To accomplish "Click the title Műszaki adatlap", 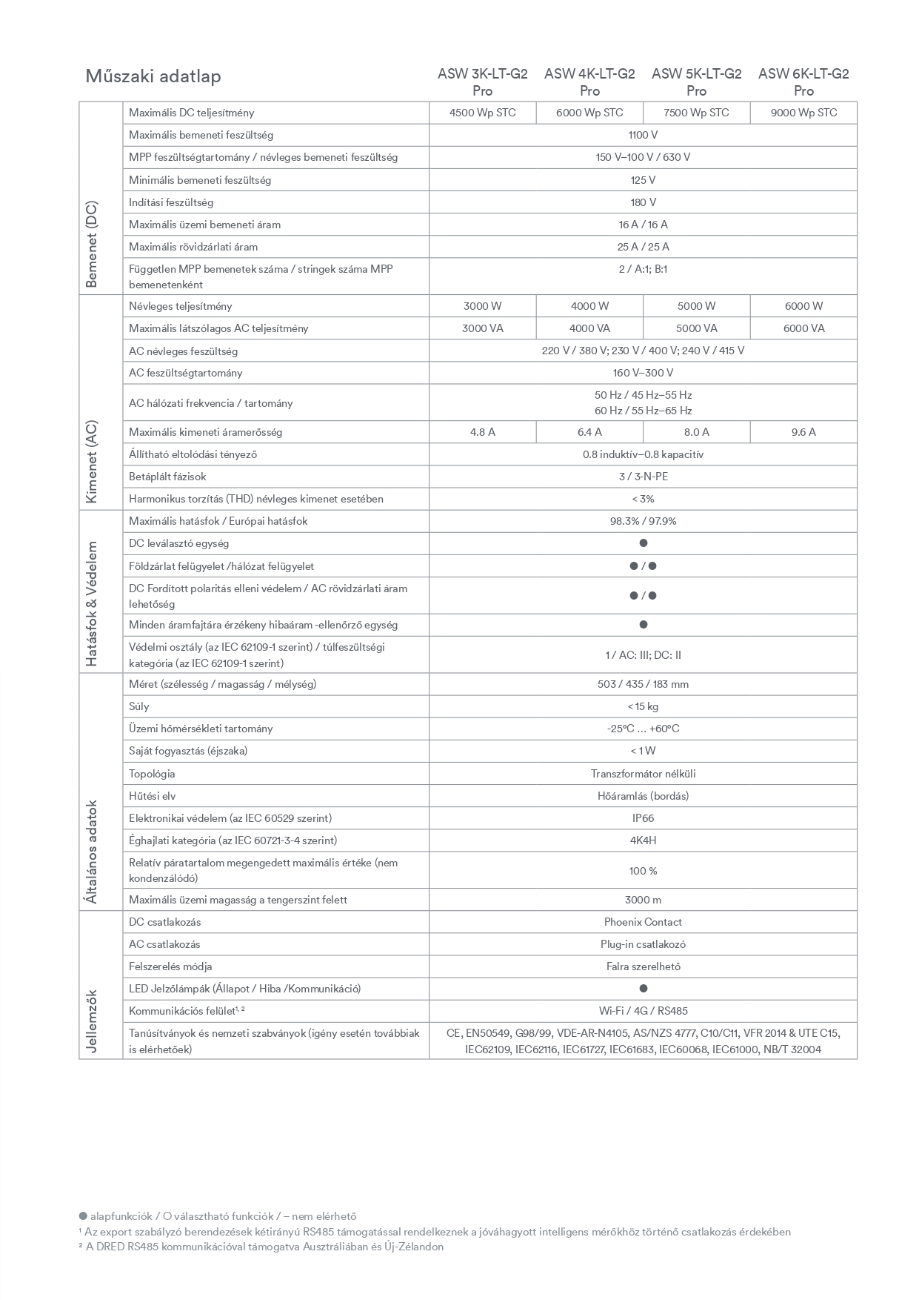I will [x=153, y=76].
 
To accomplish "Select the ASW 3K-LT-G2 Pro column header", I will [x=482, y=82].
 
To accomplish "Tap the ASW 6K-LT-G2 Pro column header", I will [x=803, y=82].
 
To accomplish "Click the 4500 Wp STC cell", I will [x=482, y=113].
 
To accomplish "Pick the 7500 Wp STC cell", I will [x=696, y=113].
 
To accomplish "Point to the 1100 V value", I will [x=643, y=135].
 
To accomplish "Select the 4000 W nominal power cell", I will [x=589, y=306].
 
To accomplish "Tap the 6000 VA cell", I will [x=803, y=328].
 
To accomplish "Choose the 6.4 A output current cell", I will [x=589, y=432].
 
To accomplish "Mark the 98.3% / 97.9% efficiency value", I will [x=643, y=521].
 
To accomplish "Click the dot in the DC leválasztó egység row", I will [x=643, y=543].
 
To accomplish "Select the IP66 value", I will [x=643, y=818].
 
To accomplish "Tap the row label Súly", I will [x=139, y=706].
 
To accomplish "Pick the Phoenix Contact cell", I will [x=643, y=922].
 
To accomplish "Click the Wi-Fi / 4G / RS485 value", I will [x=643, y=1011].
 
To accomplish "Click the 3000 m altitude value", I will [x=643, y=900].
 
